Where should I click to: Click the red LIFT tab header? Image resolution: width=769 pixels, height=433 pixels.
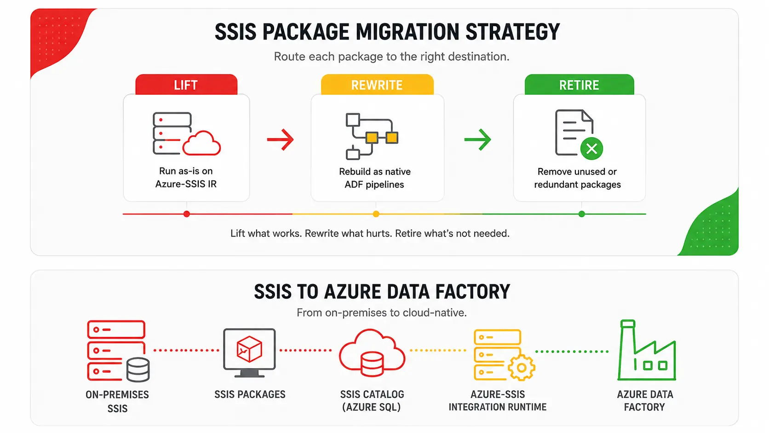pyautogui.click(x=186, y=85)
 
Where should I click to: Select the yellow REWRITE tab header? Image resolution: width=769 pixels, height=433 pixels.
pyautogui.click(x=377, y=85)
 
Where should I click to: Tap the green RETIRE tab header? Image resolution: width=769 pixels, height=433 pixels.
pyautogui.click(x=579, y=85)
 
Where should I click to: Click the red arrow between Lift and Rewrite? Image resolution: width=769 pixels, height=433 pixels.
pyautogui.click(x=280, y=139)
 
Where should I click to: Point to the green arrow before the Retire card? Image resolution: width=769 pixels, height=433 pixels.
pyautogui.click(x=477, y=139)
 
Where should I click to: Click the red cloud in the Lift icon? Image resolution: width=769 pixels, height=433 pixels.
pyautogui.click(x=201, y=144)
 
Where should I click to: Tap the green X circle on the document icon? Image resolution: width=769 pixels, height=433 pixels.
pyautogui.click(x=591, y=149)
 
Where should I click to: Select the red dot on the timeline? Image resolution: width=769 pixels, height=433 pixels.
pyautogui.click(x=186, y=214)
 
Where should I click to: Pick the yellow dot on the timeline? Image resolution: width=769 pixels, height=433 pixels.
pyautogui.click(x=376, y=214)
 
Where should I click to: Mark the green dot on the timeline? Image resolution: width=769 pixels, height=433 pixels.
pyautogui.click(x=581, y=214)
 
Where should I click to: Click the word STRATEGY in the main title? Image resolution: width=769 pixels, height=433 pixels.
pyautogui.click(x=512, y=32)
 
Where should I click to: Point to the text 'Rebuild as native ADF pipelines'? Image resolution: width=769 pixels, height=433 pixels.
pyautogui.click(x=374, y=178)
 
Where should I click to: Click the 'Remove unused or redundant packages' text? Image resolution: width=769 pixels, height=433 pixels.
pyautogui.click(x=577, y=178)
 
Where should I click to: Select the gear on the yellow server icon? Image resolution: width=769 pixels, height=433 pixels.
pyautogui.click(x=522, y=368)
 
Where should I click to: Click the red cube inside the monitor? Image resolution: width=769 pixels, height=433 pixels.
pyautogui.click(x=250, y=349)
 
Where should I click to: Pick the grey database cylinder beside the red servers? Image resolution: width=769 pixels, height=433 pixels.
pyautogui.click(x=138, y=369)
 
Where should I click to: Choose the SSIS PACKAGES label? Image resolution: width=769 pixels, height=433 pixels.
pyautogui.click(x=250, y=394)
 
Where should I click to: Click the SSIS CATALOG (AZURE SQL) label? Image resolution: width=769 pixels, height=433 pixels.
pyautogui.click(x=372, y=400)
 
